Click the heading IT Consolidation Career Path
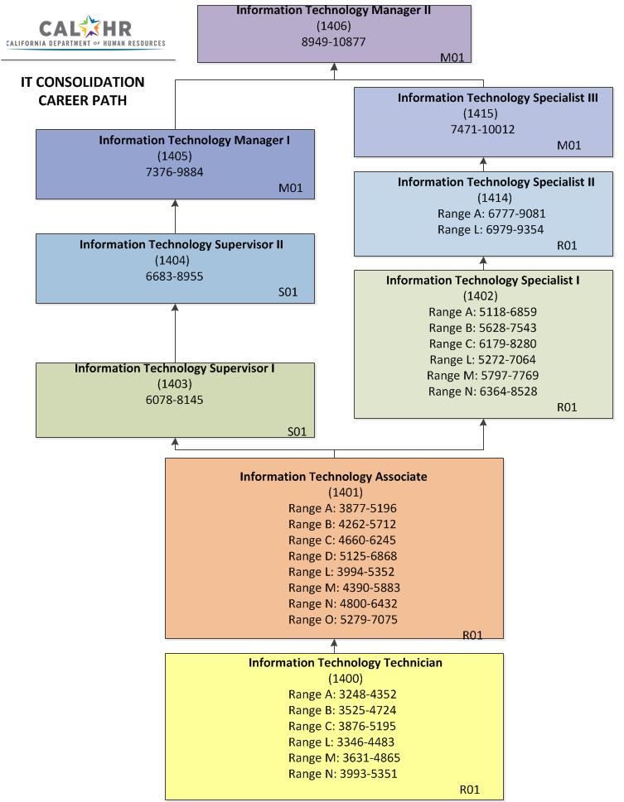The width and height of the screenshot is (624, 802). click(82, 91)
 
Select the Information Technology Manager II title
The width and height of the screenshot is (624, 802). click(333, 11)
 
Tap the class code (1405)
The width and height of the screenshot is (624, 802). click(175, 156)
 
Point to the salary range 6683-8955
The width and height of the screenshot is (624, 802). click(175, 276)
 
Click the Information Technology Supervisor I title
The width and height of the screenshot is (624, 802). click(175, 368)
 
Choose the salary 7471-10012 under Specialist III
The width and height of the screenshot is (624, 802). click(482, 129)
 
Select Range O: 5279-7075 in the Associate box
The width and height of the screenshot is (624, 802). click(344, 619)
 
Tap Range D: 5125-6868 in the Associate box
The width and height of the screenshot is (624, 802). click(344, 555)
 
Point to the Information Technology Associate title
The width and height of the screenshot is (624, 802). click(333, 477)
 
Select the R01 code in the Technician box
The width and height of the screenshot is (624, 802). click(470, 790)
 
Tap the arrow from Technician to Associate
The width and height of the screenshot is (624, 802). click(334, 646)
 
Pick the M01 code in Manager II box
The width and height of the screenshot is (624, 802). click(452, 57)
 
